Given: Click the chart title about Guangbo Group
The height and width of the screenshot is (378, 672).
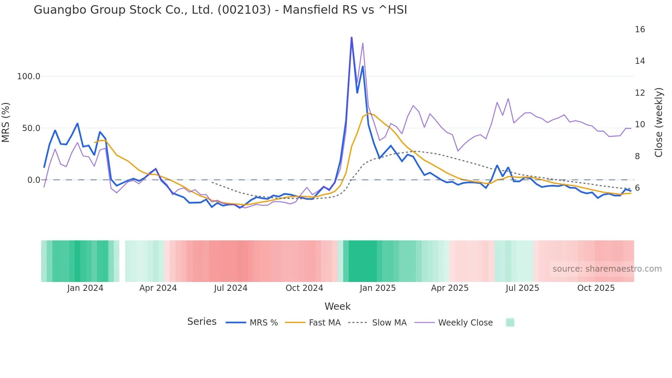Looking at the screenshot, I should tap(220, 10).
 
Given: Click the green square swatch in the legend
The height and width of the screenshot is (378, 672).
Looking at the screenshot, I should tap(510, 322).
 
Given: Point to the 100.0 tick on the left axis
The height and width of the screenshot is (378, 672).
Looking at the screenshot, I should tap(29, 76).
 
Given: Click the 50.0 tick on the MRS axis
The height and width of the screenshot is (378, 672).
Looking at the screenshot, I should tap(31, 128).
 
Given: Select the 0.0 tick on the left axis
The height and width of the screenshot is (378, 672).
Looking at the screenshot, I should tap(34, 180).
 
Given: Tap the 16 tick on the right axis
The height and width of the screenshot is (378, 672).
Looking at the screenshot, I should tap(640, 29).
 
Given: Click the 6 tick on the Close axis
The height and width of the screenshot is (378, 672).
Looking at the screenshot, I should tap(637, 188).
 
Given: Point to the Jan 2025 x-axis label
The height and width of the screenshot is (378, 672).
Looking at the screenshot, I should tap(377, 288).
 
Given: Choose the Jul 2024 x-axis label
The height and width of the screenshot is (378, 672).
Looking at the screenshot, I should tap(231, 288).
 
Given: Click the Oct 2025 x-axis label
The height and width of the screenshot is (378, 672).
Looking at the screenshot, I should tap(596, 288).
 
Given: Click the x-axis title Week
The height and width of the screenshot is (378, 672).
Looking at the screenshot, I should tap(337, 306).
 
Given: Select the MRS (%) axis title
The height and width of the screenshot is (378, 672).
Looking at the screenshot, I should tap(6, 122).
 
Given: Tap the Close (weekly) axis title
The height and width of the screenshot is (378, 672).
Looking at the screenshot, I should tap(659, 122).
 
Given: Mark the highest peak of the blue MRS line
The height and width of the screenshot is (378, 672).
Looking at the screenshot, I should tap(351, 37).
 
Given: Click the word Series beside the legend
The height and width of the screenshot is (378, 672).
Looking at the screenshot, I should tap(202, 322).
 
